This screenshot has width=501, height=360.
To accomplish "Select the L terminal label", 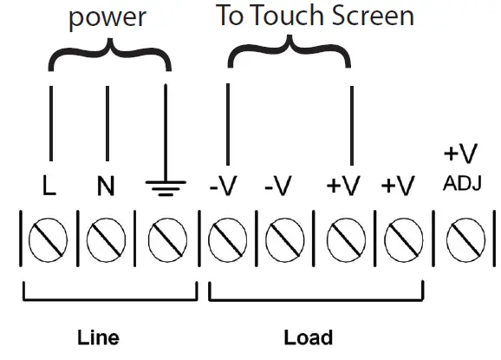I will click(50, 186).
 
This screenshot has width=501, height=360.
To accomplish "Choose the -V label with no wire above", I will click(279, 186).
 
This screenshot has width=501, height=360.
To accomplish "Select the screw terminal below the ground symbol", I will click(165, 239).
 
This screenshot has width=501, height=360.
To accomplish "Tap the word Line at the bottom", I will click(98, 337).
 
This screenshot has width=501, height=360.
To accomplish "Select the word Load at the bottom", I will click(308, 337).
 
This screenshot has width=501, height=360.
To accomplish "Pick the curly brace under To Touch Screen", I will click(289, 54).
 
